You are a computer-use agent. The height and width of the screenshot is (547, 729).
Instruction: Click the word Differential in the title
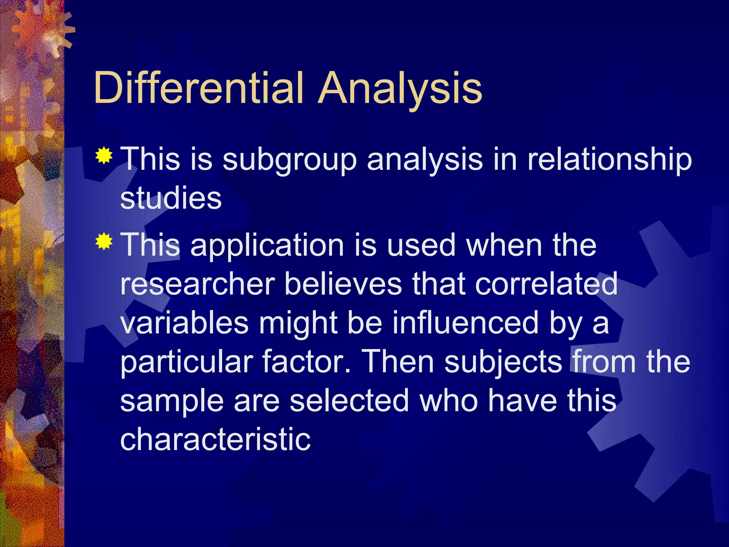199,88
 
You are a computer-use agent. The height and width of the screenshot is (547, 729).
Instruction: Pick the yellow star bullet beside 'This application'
104,241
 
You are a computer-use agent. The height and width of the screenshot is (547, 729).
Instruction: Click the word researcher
198,285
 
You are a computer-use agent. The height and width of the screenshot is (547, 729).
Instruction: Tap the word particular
187,363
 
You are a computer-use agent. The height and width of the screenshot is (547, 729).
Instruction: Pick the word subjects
503,363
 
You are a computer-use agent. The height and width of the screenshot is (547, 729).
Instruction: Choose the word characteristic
215,439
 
